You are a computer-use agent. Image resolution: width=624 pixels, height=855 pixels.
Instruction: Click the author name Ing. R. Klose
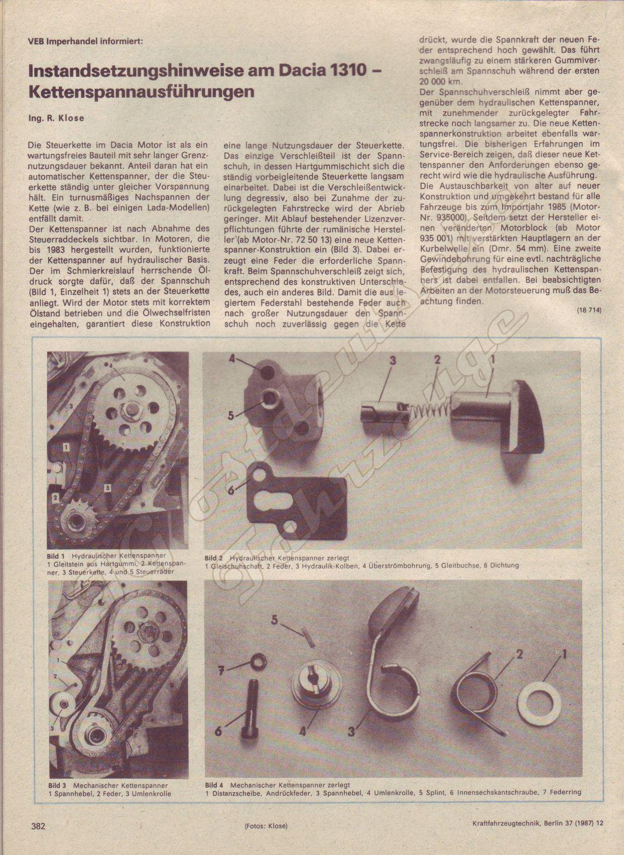click(56, 118)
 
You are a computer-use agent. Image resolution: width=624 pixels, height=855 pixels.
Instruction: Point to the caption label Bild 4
click(214, 785)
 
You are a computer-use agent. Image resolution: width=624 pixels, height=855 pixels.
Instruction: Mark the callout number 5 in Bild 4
click(275, 620)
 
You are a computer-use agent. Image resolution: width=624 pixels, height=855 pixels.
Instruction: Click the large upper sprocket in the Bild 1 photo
click(126, 409)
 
